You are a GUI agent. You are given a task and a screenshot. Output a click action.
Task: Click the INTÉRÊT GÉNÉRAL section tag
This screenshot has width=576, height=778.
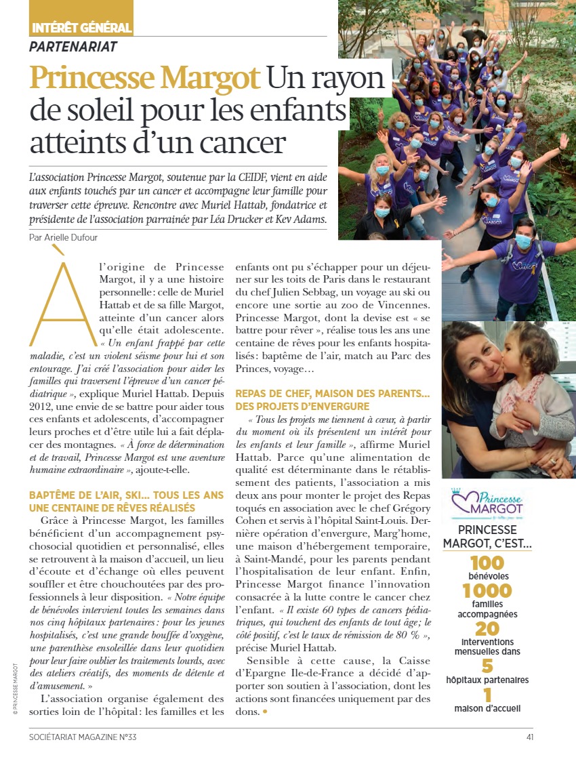pyautogui.click(x=81, y=28)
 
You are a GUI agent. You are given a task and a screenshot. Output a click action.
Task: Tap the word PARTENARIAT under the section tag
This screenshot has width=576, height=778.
pyautogui.click(x=73, y=47)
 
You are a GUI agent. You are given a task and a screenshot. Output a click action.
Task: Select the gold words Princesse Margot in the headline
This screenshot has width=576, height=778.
pyautogui.click(x=145, y=78)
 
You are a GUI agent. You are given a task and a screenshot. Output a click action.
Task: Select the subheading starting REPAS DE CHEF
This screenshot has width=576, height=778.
pyautogui.click(x=333, y=400)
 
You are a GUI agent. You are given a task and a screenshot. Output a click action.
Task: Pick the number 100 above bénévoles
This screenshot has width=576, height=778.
pyautogui.click(x=487, y=562)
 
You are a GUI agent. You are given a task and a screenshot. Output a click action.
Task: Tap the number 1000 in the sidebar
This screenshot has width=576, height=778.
pyautogui.click(x=487, y=591)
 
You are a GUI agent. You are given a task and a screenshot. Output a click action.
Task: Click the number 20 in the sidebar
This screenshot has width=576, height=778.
pyautogui.click(x=487, y=629)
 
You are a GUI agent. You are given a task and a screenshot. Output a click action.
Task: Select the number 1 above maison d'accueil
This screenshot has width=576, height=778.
pyautogui.click(x=487, y=695)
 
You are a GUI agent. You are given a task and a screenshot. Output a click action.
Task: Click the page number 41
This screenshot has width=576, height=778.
pyautogui.click(x=529, y=737)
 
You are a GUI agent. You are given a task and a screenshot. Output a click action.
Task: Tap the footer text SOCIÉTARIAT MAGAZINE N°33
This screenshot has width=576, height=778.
pyautogui.click(x=87, y=737)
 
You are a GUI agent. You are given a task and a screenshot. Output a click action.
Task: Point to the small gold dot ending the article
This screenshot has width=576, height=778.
pyautogui.click(x=264, y=712)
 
